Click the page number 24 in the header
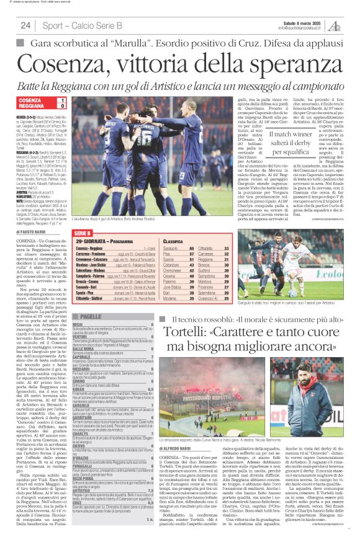[x=26, y=25]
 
